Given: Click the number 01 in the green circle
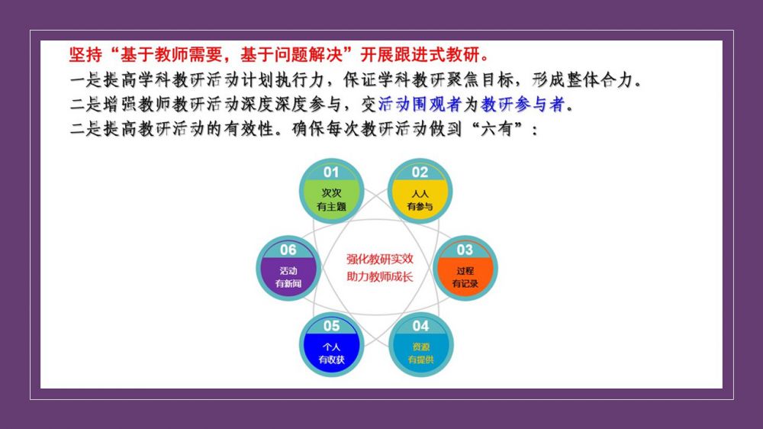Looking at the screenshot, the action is (x=331, y=172).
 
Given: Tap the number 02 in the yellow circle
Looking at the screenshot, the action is (x=420, y=172).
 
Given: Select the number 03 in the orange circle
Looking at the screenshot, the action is (x=465, y=250).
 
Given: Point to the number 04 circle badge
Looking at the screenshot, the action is (x=421, y=344).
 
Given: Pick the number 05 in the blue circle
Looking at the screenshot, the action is (x=331, y=326).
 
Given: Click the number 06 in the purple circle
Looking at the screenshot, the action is (x=288, y=250).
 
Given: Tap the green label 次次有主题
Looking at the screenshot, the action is (x=331, y=200).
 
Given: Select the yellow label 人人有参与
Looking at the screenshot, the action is (x=420, y=200).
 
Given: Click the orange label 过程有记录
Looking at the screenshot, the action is (x=465, y=277).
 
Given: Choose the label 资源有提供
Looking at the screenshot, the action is (x=421, y=353).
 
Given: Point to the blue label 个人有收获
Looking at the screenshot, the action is (x=331, y=353).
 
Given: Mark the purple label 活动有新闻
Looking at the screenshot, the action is (x=288, y=277).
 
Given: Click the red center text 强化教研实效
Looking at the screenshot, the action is (x=379, y=259).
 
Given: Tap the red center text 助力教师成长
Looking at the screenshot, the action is (x=379, y=276).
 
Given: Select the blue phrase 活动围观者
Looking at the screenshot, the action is (x=420, y=105).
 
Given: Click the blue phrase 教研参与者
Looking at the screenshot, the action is (x=523, y=105).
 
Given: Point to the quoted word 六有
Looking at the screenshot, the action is (x=497, y=129).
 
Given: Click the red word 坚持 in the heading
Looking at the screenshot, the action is (x=85, y=54).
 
